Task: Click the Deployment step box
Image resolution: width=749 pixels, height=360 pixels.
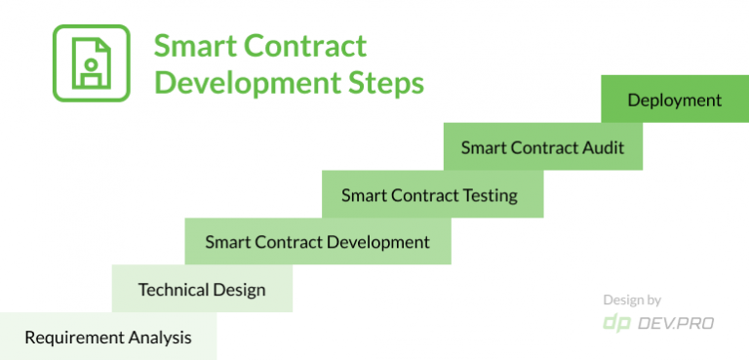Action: (x=675, y=100)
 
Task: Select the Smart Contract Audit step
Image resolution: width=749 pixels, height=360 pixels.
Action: (x=543, y=147)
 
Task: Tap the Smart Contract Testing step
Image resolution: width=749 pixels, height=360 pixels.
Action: (x=430, y=195)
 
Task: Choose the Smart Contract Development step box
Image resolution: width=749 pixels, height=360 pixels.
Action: (x=318, y=242)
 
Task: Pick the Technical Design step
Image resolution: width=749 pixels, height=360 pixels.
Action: (x=202, y=290)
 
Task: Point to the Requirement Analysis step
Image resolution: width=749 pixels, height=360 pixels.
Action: (x=107, y=338)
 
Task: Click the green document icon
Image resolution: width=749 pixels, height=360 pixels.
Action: (x=91, y=63)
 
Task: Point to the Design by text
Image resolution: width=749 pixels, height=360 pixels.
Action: (x=631, y=300)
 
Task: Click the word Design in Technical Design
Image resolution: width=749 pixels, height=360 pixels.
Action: (x=241, y=290)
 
